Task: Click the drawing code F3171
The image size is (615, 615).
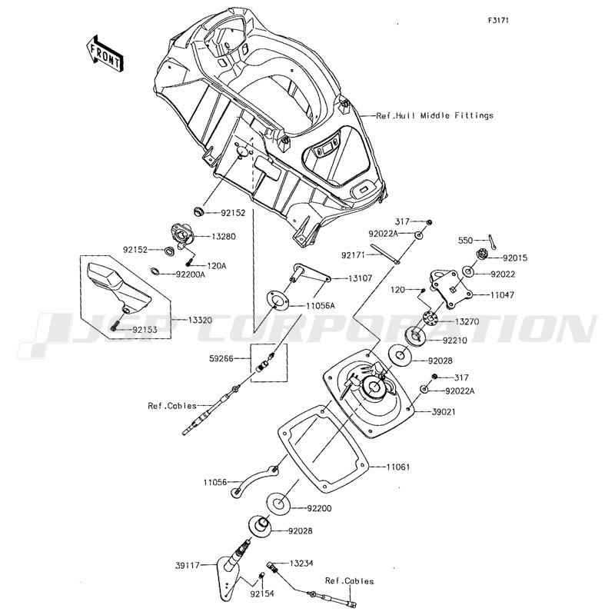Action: coord(498,21)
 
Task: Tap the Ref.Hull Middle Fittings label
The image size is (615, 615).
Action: coord(434,116)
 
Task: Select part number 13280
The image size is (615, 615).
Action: coord(224,237)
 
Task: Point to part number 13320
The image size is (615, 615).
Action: coord(200,320)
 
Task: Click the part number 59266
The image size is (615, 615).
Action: coord(221,358)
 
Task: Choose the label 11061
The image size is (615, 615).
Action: coord(398,467)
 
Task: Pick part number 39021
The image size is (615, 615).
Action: coord(444,412)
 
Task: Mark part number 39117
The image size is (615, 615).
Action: coord(188,565)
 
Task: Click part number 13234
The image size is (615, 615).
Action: coord(301,563)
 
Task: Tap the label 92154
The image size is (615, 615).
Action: coord(262,593)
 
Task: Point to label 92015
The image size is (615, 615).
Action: coord(515,258)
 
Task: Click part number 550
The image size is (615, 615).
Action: coord(466,241)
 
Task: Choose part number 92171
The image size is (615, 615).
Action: coord(353,255)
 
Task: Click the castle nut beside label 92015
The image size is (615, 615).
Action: coord(483,254)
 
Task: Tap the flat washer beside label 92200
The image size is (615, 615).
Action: coord(278,504)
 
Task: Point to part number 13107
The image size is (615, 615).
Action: coord(360,278)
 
